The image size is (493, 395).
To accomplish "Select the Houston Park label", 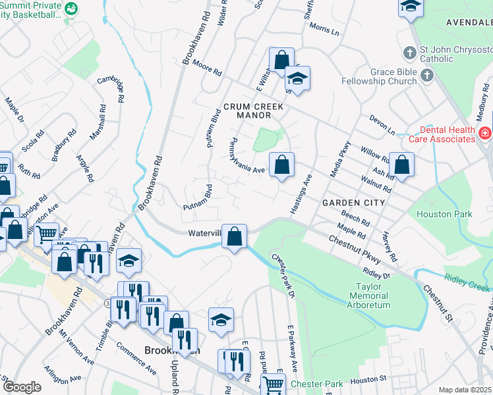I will click(444, 214).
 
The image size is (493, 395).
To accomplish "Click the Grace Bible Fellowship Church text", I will click(379, 76).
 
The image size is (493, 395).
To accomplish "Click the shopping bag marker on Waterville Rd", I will click(234, 237).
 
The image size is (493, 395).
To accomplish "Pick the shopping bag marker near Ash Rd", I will click(401, 165).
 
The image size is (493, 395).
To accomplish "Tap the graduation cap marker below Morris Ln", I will click(297, 80).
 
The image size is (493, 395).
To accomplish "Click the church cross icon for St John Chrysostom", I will click(409, 53).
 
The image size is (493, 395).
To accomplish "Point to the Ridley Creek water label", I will click(467, 282).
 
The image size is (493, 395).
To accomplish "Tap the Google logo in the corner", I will click(22, 387).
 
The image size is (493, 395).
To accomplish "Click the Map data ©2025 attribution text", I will click(465, 390).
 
